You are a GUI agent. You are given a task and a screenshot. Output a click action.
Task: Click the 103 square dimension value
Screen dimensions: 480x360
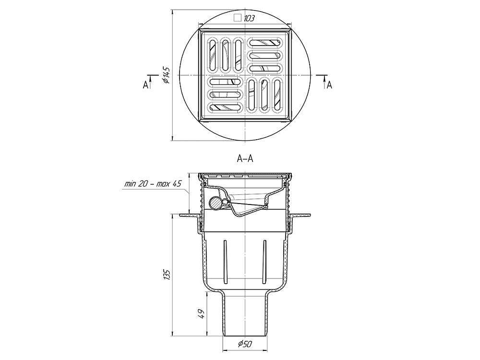(x=250, y=18)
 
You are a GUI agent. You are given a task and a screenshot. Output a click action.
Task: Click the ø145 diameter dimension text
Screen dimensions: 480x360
(x=166, y=75)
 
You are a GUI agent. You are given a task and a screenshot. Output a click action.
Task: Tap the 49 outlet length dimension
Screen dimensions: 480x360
(x=201, y=314)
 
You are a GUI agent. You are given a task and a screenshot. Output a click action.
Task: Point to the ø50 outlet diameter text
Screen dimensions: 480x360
(x=245, y=344)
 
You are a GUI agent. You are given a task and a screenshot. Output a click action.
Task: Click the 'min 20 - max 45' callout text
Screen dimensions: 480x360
(x=153, y=184)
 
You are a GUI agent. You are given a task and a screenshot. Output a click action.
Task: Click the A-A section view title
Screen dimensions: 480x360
(x=245, y=158)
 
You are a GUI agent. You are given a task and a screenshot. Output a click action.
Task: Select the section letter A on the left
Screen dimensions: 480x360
(x=145, y=85)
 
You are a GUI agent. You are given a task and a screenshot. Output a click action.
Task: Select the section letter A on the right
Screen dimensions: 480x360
(x=329, y=85)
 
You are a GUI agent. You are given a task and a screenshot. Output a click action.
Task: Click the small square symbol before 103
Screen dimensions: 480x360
(x=238, y=18)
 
